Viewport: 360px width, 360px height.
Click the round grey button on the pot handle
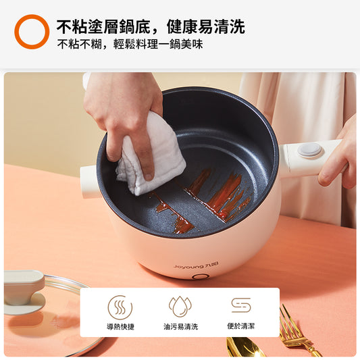tap(309, 149)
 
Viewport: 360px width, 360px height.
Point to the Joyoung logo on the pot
tap(196, 265)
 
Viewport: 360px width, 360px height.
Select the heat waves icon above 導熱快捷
tap(120, 307)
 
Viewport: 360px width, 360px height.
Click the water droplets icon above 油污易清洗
tap(180, 307)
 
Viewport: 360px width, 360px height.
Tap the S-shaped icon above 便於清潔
tap(241, 305)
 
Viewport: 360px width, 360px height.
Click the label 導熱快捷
tap(120, 326)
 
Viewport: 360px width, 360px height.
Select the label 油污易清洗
tap(181, 326)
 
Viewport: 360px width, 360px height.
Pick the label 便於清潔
tap(241, 326)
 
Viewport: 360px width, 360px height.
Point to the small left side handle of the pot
tap(90, 182)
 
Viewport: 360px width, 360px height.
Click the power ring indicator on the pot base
tap(199, 276)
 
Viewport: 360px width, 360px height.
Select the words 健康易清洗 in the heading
tap(206, 27)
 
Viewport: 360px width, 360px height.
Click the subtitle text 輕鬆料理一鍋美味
tap(158, 44)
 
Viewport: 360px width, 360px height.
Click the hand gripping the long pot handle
tap(338, 159)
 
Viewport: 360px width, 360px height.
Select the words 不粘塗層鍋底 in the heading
tap(103, 27)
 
